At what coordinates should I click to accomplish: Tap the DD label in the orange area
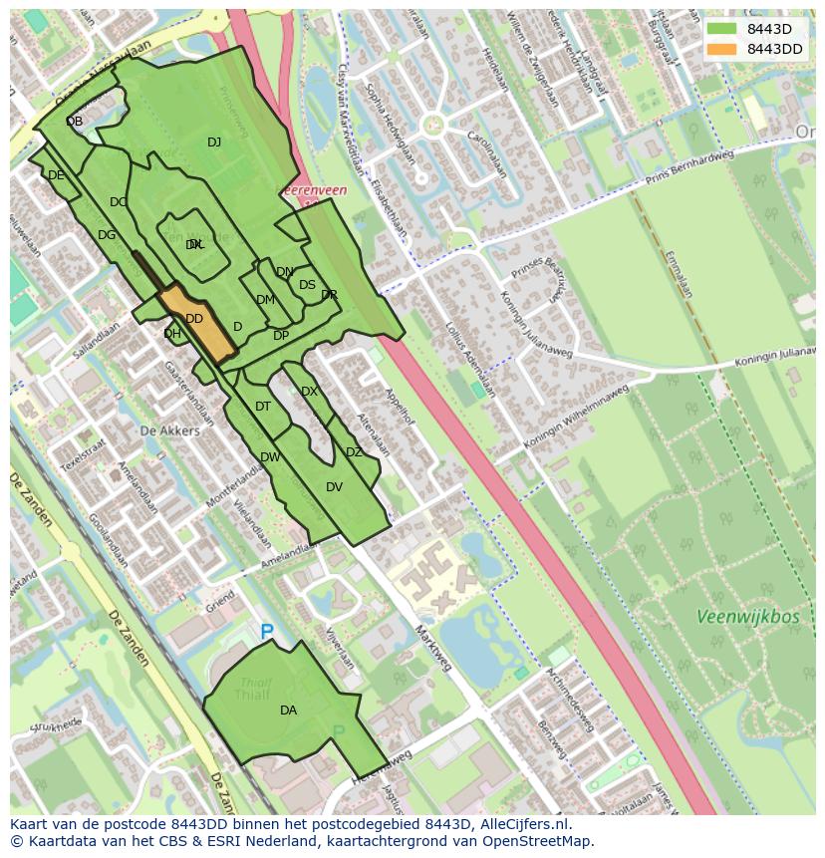click(194, 319)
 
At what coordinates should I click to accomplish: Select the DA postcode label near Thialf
click(288, 711)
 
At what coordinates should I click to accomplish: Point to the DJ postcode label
click(214, 143)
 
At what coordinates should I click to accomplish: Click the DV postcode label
click(334, 487)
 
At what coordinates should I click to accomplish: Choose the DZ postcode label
click(354, 452)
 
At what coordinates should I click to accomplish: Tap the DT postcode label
click(263, 407)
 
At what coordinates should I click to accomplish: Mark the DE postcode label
click(56, 175)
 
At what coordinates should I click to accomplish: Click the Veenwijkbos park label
click(748, 617)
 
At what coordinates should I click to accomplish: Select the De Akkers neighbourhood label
click(169, 430)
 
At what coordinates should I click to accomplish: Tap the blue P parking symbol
click(266, 632)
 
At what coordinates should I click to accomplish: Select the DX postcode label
click(309, 392)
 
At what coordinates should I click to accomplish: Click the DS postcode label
click(307, 285)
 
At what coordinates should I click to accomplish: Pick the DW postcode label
click(270, 457)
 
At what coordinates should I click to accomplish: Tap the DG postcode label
click(107, 235)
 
